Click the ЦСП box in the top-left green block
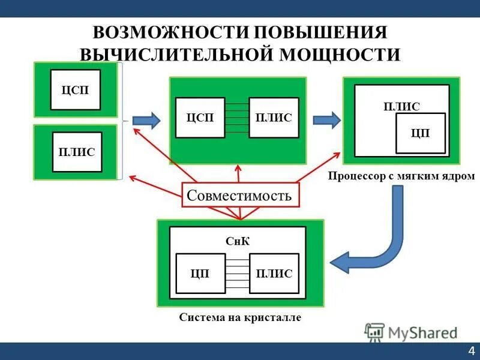pyautogui.click(x=75, y=90)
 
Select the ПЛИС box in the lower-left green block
pyautogui.click(x=77, y=152)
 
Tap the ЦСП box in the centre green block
pyautogui.click(x=200, y=118)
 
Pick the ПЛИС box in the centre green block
pyautogui.click(x=274, y=118)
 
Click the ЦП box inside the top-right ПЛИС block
pyautogui.click(x=421, y=133)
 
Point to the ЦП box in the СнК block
pyautogui.click(x=200, y=274)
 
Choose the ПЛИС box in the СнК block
pyautogui.click(x=274, y=274)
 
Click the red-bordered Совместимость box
pyautogui.click(x=239, y=195)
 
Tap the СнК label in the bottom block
pyautogui.click(x=238, y=241)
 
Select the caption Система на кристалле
pyautogui.click(x=240, y=318)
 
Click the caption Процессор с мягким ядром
pyautogui.click(x=401, y=177)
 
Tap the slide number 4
pyautogui.click(x=471, y=351)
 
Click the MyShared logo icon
pyautogui.click(x=374, y=332)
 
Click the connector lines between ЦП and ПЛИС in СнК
pyautogui.click(x=237, y=274)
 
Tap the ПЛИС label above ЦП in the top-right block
pyautogui.click(x=401, y=106)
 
